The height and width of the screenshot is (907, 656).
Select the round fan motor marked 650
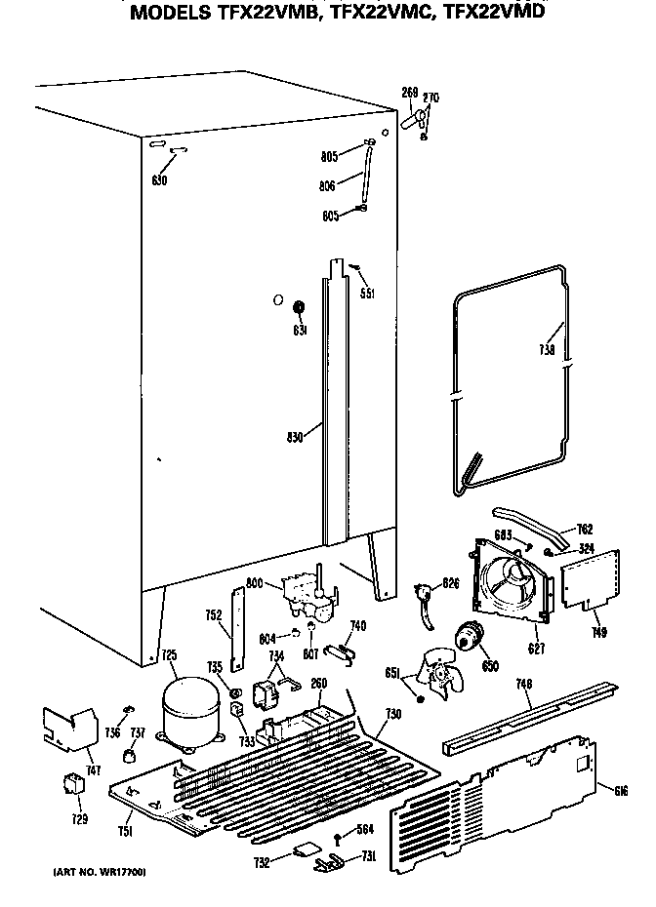click(471, 638)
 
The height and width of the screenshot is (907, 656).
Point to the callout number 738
click(547, 351)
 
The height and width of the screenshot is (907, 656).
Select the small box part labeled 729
click(72, 783)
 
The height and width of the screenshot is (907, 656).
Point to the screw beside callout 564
click(338, 837)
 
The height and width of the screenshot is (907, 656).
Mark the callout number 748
click(524, 685)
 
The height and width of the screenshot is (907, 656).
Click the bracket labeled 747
click(68, 727)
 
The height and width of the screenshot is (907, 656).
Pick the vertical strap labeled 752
click(234, 624)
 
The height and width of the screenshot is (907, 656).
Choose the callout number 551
click(366, 293)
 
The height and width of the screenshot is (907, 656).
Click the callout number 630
click(160, 180)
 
